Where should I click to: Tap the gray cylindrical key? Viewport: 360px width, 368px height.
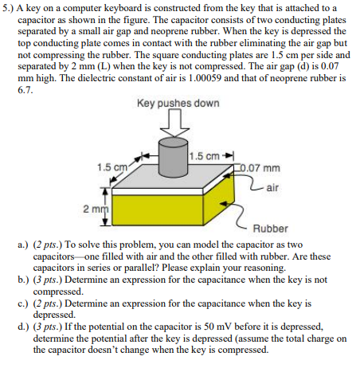point(173,159)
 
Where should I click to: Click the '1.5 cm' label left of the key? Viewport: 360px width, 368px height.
point(108,167)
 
